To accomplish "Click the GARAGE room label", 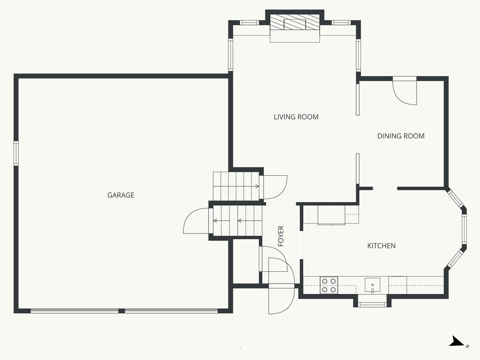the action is [120, 195].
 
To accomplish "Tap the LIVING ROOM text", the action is [296, 117].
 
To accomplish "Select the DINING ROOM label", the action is [401, 136].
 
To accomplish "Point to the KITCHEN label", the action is [382, 246].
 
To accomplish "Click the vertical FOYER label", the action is [281, 236].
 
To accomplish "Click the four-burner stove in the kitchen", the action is [329, 285].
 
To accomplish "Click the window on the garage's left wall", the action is [16, 153].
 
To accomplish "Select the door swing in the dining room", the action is [405, 90].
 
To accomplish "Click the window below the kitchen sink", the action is [372, 304].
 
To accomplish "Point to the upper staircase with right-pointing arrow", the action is [236, 186].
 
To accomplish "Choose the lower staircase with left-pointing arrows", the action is [238, 220].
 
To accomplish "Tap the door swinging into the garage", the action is [196, 221].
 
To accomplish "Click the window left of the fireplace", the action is [249, 22].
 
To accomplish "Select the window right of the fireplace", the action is [341, 22].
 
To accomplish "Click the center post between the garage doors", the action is [121, 311].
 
